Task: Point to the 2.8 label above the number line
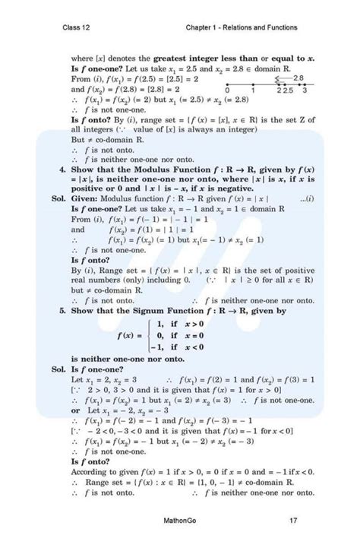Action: pos(298,78)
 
